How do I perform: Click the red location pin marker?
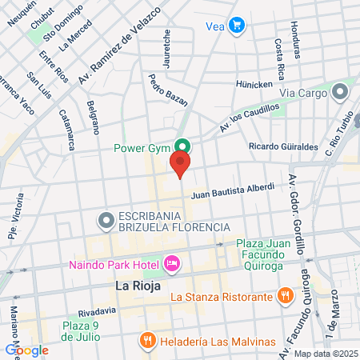(x=180, y=166)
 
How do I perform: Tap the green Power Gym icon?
(x=183, y=147)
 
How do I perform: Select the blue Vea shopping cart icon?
(x=236, y=26)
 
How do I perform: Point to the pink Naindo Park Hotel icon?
(x=170, y=262)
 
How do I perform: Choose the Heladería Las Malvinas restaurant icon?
(x=147, y=340)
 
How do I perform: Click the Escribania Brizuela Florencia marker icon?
(x=105, y=218)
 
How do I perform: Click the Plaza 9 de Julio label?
(x=90, y=330)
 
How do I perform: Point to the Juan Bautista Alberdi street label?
(x=232, y=192)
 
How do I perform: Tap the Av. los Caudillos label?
(x=250, y=118)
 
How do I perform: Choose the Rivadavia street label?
(x=98, y=312)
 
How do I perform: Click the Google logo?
(x=26, y=350)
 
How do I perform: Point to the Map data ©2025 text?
(x=326, y=354)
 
